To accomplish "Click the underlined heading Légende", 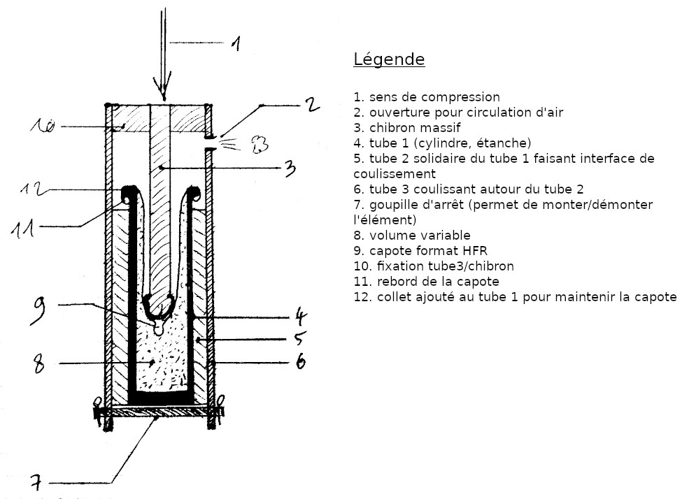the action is click(x=389, y=59).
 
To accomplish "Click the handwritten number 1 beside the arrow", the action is click(x=236, y=44).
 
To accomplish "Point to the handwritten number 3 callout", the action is click(x=290, y=168).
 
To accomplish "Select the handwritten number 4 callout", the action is click(x=300, y=317).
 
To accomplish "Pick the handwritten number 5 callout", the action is click(x=299, y=338).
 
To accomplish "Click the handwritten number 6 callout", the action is click(x=300, y=361).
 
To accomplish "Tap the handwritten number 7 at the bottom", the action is click(x=36, y=483).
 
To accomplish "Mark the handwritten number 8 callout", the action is click(x=39, y=364).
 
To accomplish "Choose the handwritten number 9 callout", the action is click(x=38, y=310).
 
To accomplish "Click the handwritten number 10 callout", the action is click(x=43, y=126).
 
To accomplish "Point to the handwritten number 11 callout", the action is click(x=22, y=229).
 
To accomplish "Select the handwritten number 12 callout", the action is click(x=32, y=189).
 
